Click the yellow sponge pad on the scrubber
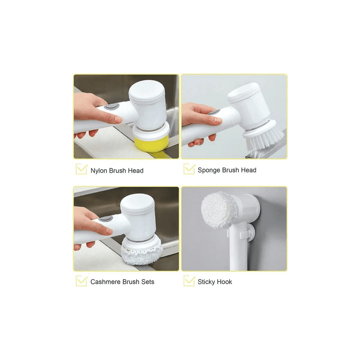pyautogui.click(x=150, y=143)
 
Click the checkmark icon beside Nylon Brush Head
pyautogui.click(x=82, y=169)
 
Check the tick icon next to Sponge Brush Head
pyautogui.click(x=189, y=169)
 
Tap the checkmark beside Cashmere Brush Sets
pyautogui.click(x=82, y=281)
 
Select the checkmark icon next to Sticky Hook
pyautogui.click(x=189, y=281)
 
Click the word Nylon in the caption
pyautogui.click(x=99, y=171)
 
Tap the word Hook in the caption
pyautogui.click(x=224, y=282)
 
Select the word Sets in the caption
pyautogui.click(x=148, y=282)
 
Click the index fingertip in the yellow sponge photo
pyautogui.click(x=118, y=120)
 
